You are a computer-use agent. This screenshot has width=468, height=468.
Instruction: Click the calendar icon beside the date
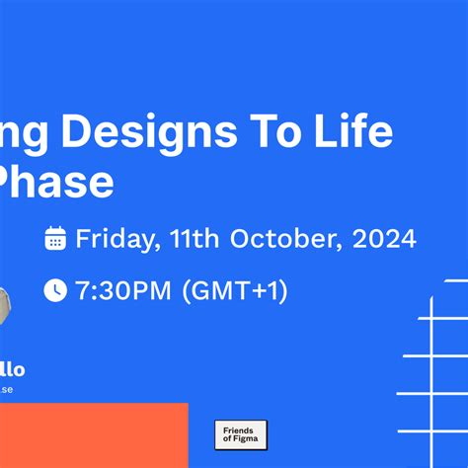(56, 238)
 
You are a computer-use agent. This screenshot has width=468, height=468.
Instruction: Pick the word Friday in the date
(112, 238)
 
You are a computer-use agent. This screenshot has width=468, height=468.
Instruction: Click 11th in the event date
(194, 238)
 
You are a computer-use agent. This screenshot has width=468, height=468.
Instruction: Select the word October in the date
(284, 238)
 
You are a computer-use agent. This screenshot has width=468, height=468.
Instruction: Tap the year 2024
(383, 238)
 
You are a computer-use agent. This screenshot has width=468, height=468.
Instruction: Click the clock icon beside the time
(56, 290)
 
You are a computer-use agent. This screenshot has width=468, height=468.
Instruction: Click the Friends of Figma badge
(240, 435)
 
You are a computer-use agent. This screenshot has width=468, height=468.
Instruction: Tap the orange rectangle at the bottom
(93, 435)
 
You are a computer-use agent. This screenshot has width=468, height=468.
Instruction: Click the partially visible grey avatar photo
(5, 306)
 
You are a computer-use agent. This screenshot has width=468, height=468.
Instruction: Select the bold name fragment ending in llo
(12, 370)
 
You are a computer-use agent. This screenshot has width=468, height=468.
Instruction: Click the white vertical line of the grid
(432, 375)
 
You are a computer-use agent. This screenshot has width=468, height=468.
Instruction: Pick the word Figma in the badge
(245, 441)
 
